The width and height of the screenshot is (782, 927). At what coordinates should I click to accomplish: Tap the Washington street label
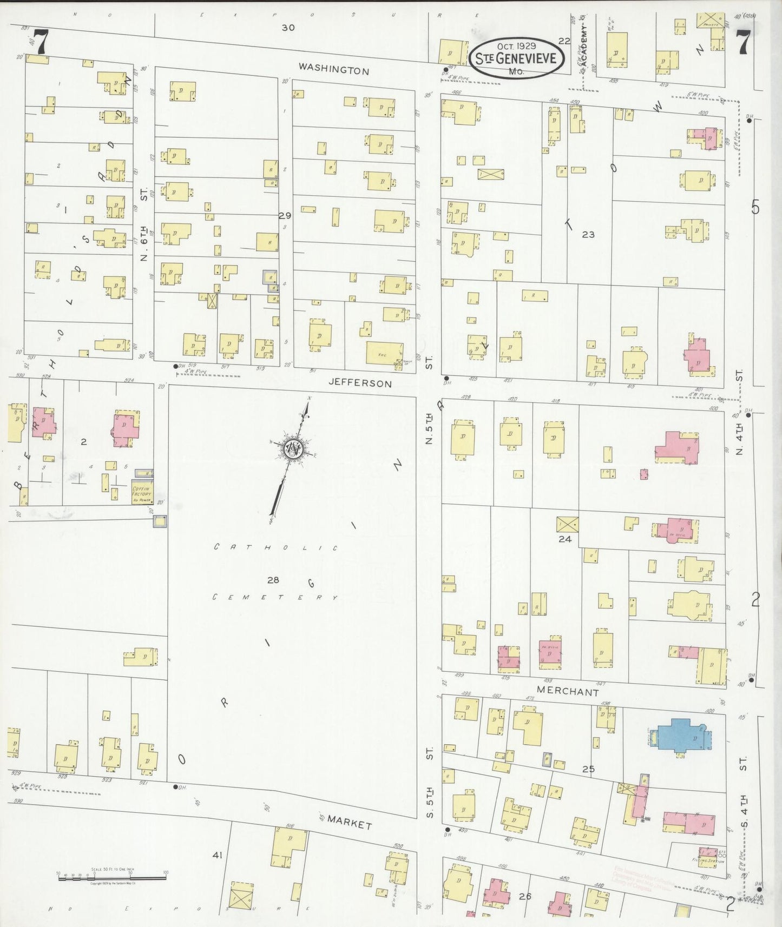tap(334, 69)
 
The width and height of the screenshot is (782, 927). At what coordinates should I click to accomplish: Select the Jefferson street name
tap(360, 383)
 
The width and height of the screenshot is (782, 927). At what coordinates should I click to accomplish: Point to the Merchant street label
tap(568, 691)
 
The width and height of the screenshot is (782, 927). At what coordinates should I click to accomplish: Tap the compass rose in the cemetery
tap(293, 450)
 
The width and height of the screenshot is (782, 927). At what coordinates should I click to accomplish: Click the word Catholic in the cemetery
tap(275, 547)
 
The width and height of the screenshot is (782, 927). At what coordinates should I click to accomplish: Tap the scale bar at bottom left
tap(112, 877)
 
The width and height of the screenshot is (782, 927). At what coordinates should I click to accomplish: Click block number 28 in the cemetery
tap(272, 580)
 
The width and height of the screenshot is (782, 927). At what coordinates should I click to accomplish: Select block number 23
tap(588, 234)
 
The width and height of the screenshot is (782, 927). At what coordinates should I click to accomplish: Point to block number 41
tap(218, 855)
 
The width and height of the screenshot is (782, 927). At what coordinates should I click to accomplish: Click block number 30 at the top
tap(288, 27)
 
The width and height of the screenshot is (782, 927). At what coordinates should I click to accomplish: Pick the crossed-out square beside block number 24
tap(567, 524)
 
